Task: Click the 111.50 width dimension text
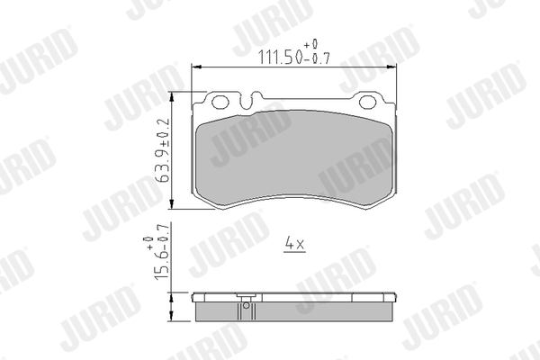[280, 58]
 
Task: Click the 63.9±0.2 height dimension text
[163, 150]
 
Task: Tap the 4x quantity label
[295, 244]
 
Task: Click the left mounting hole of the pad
[220, 102]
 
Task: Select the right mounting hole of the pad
[367, 102]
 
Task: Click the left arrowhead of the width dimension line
[196, 67]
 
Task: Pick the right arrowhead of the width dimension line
[391, 67]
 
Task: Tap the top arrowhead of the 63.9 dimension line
[172, 97]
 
